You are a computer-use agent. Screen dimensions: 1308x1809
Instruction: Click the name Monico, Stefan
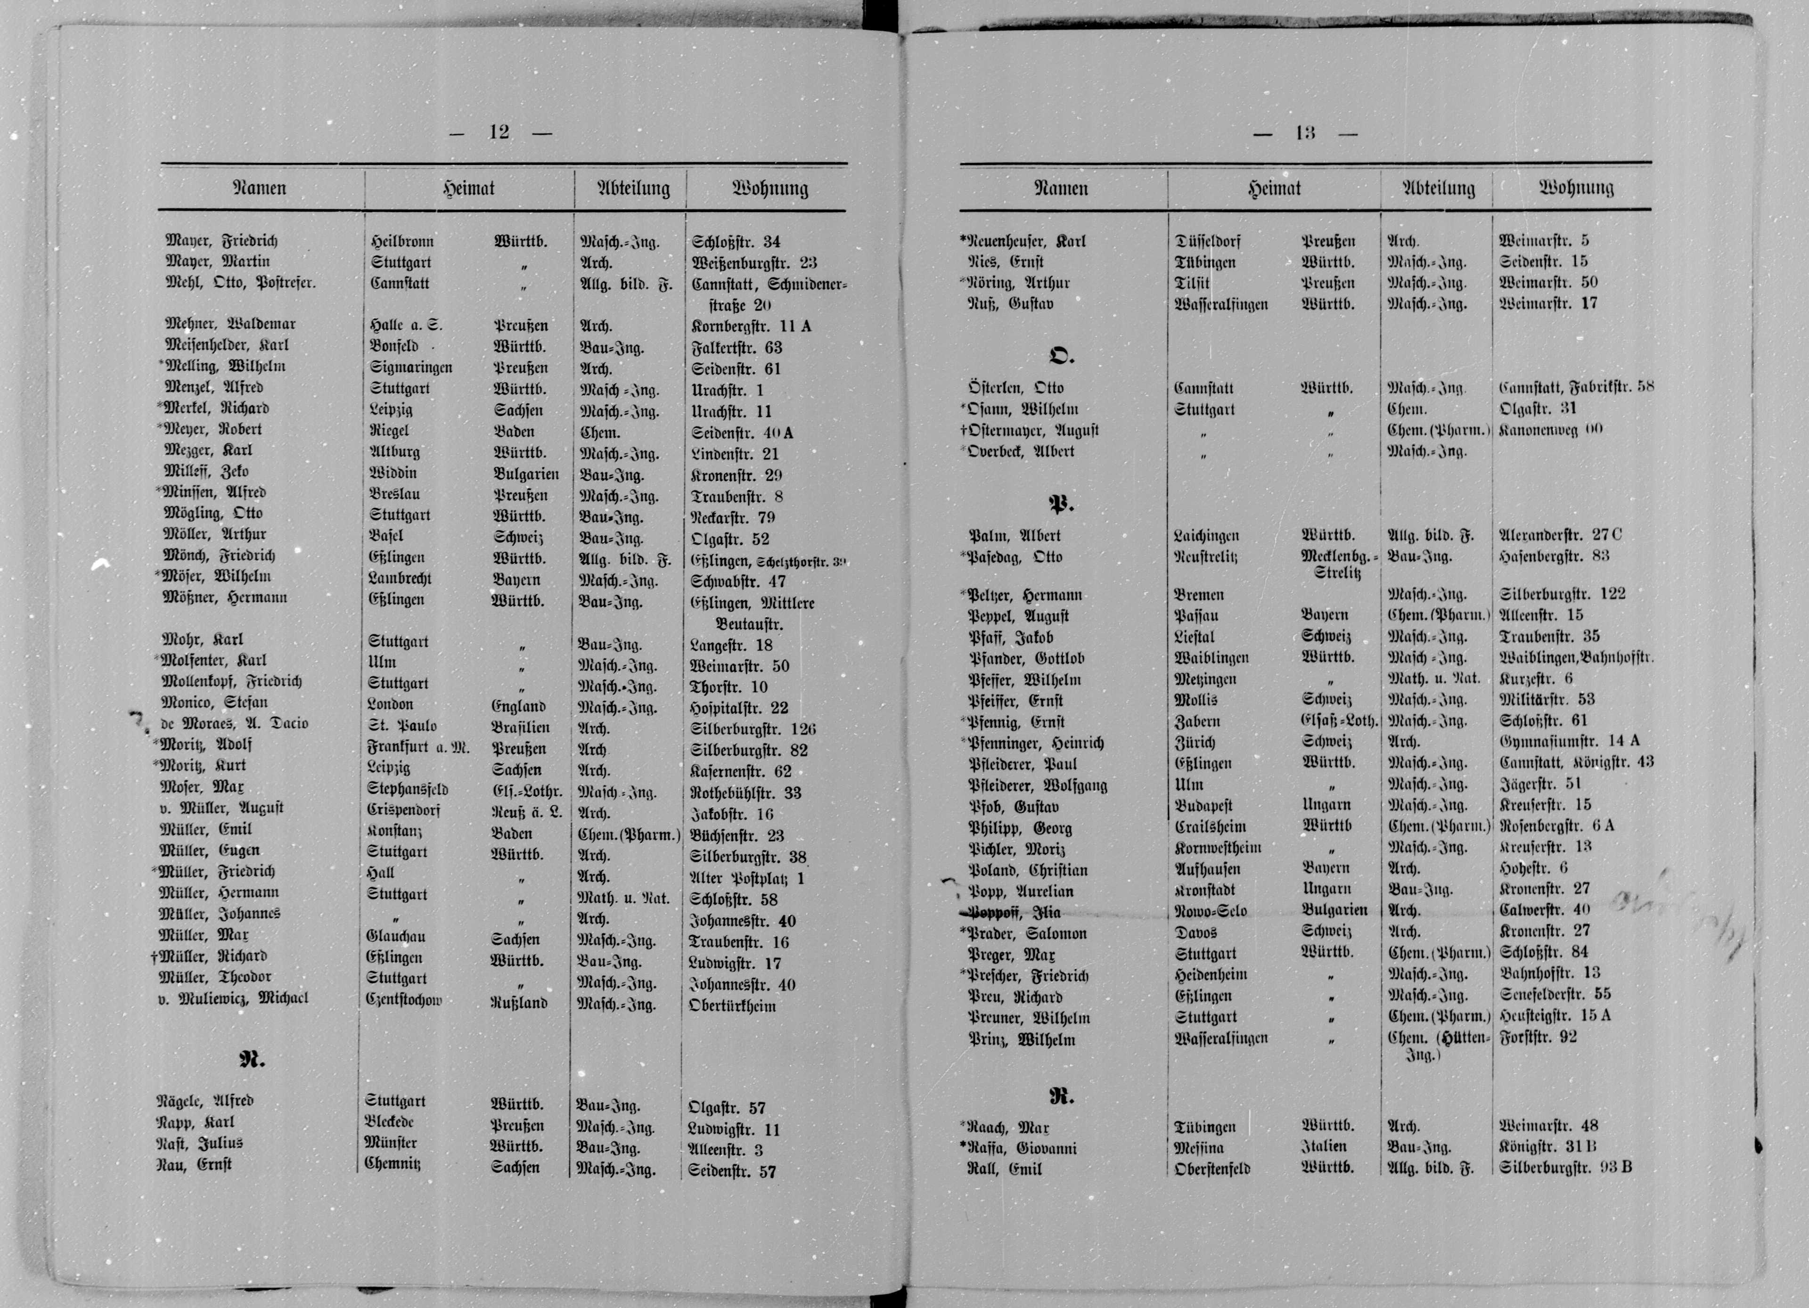point(214,703)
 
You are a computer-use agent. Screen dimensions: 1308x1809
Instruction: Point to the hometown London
point(390,704)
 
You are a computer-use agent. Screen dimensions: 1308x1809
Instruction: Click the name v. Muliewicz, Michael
point(233,998)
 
